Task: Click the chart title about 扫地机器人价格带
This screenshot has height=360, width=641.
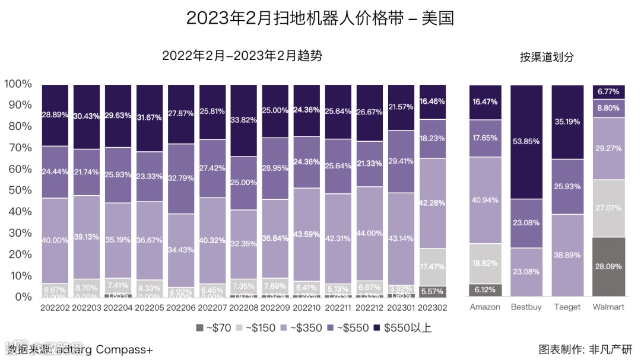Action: coord(320,18)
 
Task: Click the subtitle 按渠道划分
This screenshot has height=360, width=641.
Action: coord(547,57)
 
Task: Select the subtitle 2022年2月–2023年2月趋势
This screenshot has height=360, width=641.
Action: coord(242,56)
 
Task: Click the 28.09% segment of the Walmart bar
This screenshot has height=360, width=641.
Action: coord(608,266)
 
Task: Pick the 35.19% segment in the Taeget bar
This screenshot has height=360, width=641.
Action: coord(567,122)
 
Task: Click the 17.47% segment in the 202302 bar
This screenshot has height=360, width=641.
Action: coord(432,267)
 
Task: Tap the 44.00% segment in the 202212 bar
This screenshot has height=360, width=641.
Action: coord(370,234)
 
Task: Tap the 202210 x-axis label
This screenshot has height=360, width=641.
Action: coord(306,308)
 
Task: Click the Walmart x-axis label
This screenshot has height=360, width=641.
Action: coord(608,307)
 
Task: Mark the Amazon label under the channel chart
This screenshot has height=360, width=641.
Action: coord(485,307)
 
